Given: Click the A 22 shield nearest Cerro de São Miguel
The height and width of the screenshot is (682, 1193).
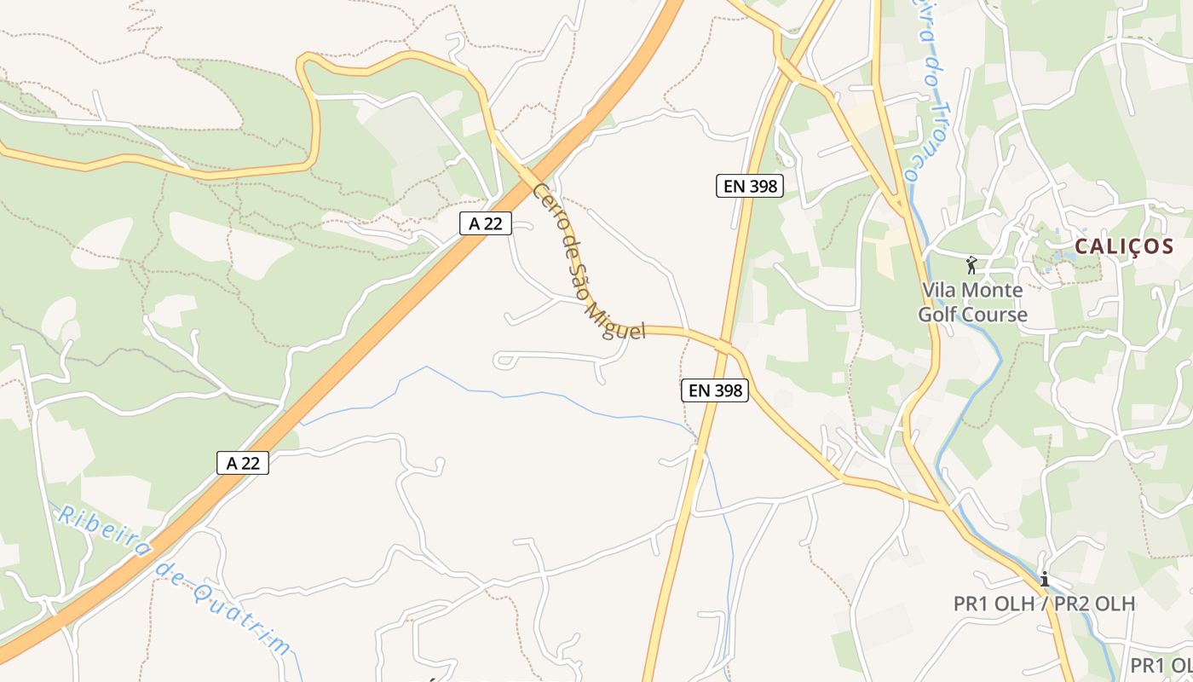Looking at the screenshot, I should click(485, 223).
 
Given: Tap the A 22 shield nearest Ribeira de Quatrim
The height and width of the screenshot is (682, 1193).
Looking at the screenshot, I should click(243, 463).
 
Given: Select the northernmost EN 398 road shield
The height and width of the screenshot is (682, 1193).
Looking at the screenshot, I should click(749, 186).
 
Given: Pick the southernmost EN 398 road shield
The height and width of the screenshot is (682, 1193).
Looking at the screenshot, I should click(715, 391).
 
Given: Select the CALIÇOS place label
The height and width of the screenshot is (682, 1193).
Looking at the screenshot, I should click(1124, 247).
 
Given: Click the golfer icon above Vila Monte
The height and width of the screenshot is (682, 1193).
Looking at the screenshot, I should click(971, 265).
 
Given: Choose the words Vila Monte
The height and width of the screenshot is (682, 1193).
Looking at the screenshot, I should click(972, 290).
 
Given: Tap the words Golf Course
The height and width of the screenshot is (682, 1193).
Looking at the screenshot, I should click(972, 315).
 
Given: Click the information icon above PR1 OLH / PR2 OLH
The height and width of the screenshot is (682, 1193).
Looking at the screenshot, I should click(1044, 580).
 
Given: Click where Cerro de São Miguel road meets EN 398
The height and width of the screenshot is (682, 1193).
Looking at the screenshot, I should click(726, 345).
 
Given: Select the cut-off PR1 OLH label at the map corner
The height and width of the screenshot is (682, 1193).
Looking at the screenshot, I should click(1161, 665).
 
